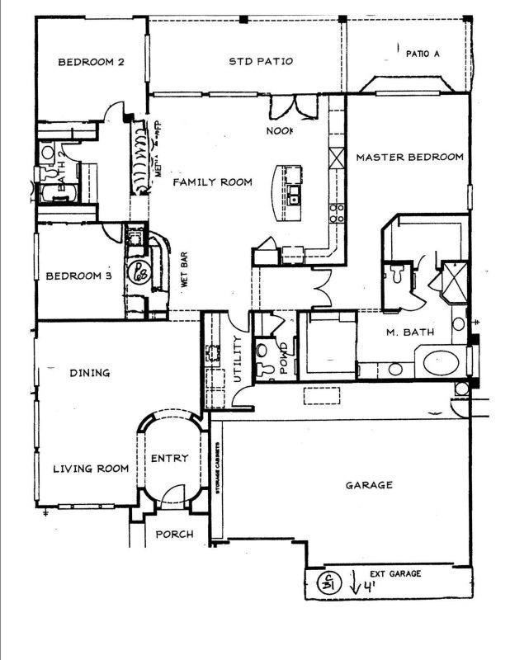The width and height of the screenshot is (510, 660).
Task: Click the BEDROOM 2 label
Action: pos(90,62)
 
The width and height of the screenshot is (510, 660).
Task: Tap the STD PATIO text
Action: pos(260,61)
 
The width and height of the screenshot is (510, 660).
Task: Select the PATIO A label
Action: pos(423,54)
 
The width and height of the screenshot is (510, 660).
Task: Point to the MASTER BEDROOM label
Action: pos(409,157)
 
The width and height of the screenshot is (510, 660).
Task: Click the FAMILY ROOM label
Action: pos(212,181)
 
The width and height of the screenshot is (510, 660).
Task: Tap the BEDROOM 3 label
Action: pos(78,276)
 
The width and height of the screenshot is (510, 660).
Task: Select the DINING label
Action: pos(90,373)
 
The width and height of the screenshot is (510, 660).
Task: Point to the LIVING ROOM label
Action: pos(91,469)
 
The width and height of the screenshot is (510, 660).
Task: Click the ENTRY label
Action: pos(169,458)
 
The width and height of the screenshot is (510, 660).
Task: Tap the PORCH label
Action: pos(174,535)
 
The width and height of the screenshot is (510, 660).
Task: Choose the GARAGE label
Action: pos(368,485)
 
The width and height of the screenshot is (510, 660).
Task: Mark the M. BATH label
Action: pos(406,332)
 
